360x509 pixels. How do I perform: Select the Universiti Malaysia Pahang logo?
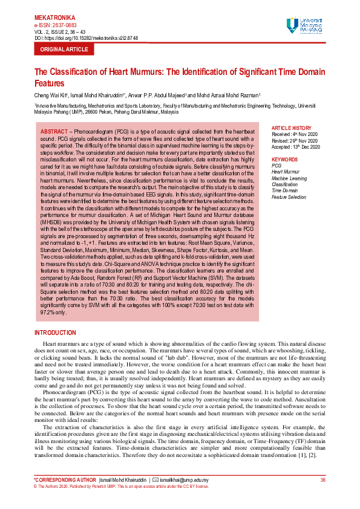pos(309,25)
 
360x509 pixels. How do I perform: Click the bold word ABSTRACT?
pos(54,131)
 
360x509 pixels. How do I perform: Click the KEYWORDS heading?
pos(285,159)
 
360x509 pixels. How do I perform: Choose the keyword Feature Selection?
pos(289,197)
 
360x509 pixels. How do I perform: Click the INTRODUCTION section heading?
pos(56,333)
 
